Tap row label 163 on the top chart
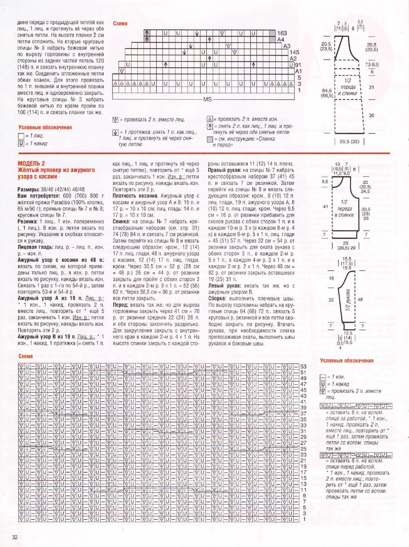pyautogui.click(x=282, y=33)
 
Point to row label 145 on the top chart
pyautogui.click(x=294, y=52)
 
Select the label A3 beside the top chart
pyautogui.click(x=287, y=46)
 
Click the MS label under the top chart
pyautogui.click(x=207, y=99)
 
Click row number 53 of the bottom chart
pyautogui.click(x=303, y=366)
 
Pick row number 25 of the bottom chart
pyautogui.click(x=303, y=449)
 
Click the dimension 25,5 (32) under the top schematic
pyautogui.click(x=349, y=142)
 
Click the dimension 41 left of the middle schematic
pyautogui.click(x=325, y=206)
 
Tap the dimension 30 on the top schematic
pyautogui.click(x=372, y=116)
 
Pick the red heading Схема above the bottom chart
pyautogui.click(x=26, y=356)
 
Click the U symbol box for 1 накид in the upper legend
pyautogui.click(x=21, y=144)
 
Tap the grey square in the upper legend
pyautogui.click(x=210, y=139)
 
